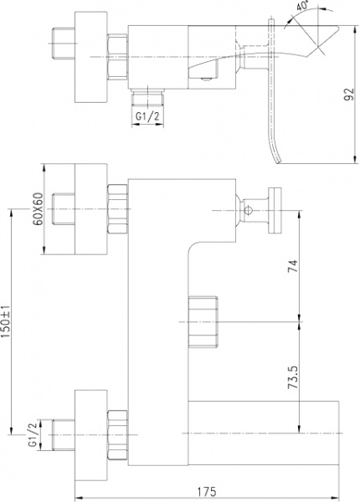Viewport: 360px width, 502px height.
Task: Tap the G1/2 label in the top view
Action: pos(147,118)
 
